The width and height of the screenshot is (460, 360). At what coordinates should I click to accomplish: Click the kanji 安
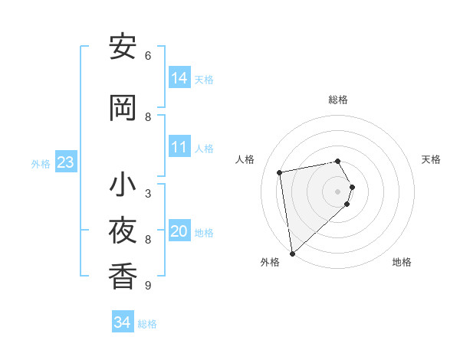tap(123, 47)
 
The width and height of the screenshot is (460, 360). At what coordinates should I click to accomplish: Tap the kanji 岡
tap(123, 108)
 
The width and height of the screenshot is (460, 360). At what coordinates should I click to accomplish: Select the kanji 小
tap(123, 185)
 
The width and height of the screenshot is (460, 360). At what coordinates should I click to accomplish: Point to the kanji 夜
tap(123, 230)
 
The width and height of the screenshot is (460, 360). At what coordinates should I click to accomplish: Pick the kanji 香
tap(123, 275)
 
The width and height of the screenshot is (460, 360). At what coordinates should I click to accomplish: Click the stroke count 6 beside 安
tap(148, 56)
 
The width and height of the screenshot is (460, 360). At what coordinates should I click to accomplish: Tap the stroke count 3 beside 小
tap(148, 194)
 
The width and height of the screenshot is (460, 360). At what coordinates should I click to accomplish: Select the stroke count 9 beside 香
tap(148, 286)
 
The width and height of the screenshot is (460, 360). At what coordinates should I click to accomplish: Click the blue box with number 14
tap(179, 77)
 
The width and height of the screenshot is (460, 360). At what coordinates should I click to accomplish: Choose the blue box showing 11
tap(179, 147)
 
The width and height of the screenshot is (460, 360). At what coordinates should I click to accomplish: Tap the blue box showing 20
tap(179, 231)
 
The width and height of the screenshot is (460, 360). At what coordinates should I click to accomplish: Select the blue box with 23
tap(65, 162)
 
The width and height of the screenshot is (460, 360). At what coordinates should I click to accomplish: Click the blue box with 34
tap(123, 322)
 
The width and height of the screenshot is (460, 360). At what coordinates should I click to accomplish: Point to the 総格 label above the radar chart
tap(338, 100)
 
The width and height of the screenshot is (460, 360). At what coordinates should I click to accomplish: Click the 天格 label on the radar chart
tap(432, 159)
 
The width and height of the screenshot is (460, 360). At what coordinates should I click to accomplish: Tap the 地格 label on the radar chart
tap(402, 262)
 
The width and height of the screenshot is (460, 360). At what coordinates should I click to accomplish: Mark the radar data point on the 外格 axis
tap(292, 253)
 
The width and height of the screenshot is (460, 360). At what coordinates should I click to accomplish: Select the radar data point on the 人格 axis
tap(280, 172)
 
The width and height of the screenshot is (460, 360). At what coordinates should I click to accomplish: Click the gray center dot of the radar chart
tap(338, 191)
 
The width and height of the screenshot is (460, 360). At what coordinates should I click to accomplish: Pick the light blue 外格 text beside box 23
tap(40, 163)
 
